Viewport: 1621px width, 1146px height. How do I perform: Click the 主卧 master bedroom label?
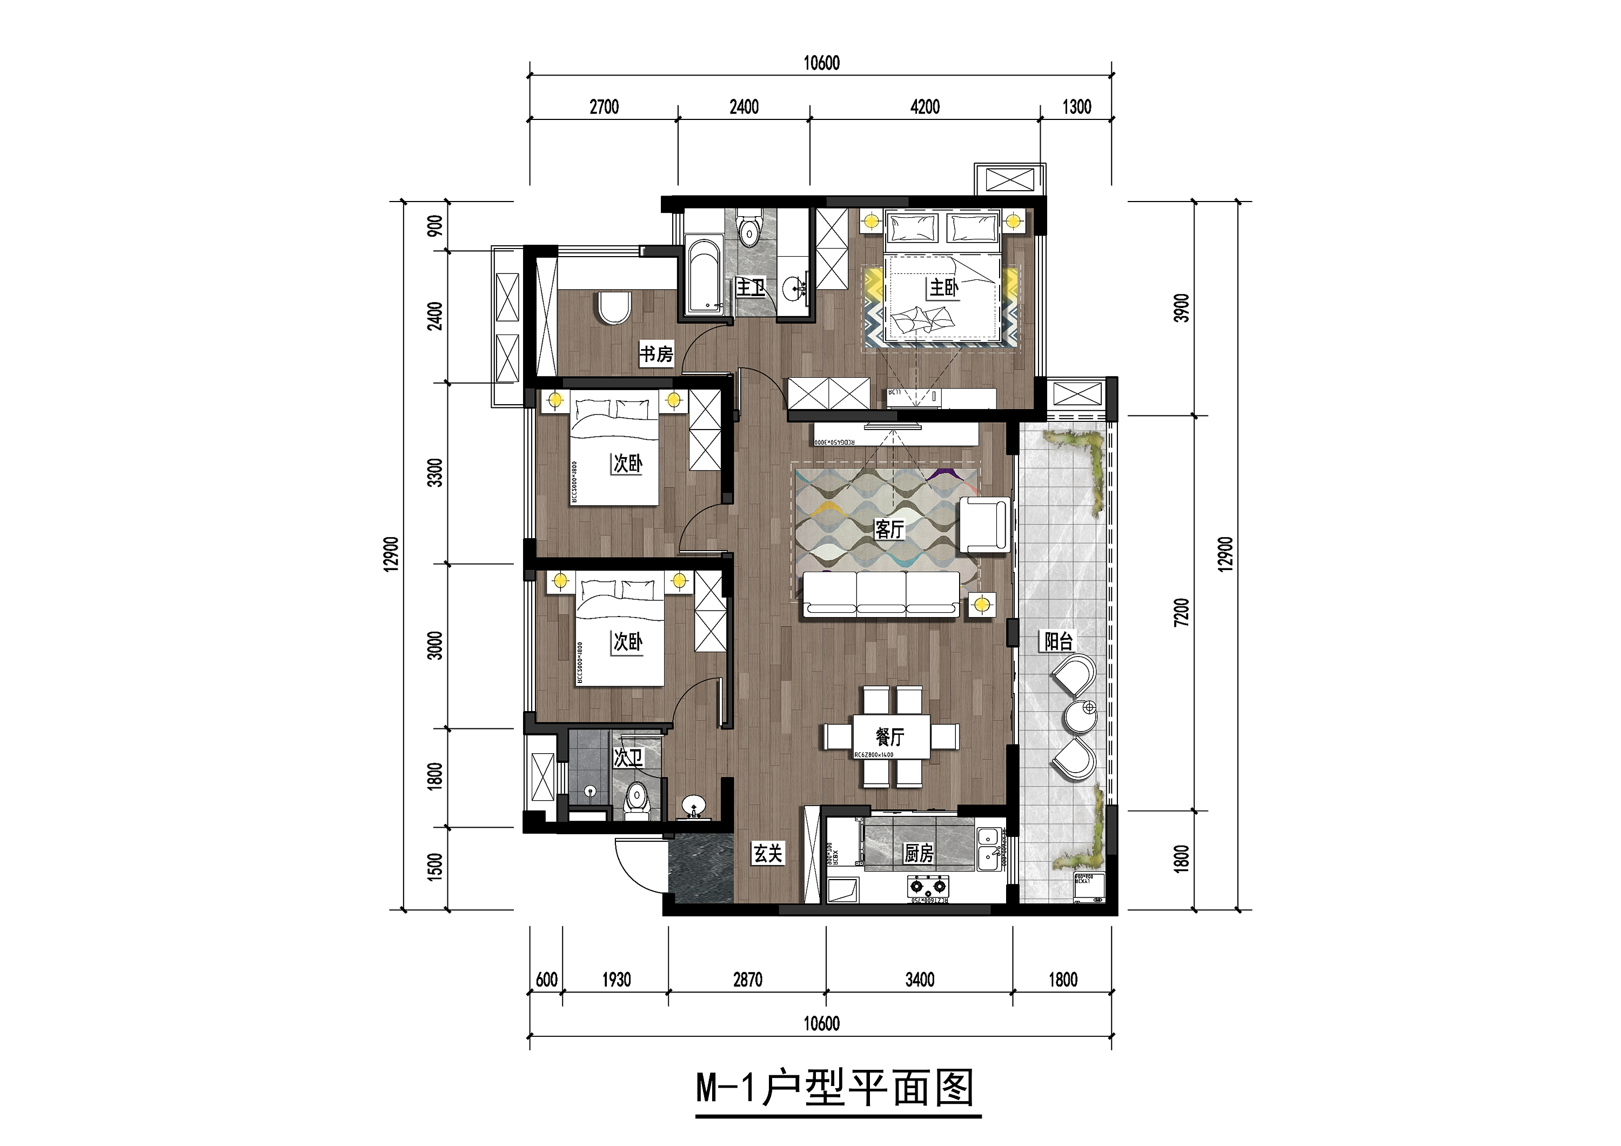pos(943,287)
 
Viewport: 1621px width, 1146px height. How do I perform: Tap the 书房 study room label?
pos(656,354)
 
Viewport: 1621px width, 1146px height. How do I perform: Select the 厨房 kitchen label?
pos(919,854)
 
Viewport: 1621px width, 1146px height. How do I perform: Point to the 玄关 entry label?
pos(767,854)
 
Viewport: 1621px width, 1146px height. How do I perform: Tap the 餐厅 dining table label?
pos(889,737)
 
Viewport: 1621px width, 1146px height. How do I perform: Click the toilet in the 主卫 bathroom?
pos(749,226)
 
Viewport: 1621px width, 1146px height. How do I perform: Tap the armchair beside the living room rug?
pos(983,525)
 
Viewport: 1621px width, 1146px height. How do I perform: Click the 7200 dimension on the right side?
pos(1181,612)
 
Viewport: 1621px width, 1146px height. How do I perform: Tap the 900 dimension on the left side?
pos(436,226)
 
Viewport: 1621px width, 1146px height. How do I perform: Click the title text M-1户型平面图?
pos(836,1088)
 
